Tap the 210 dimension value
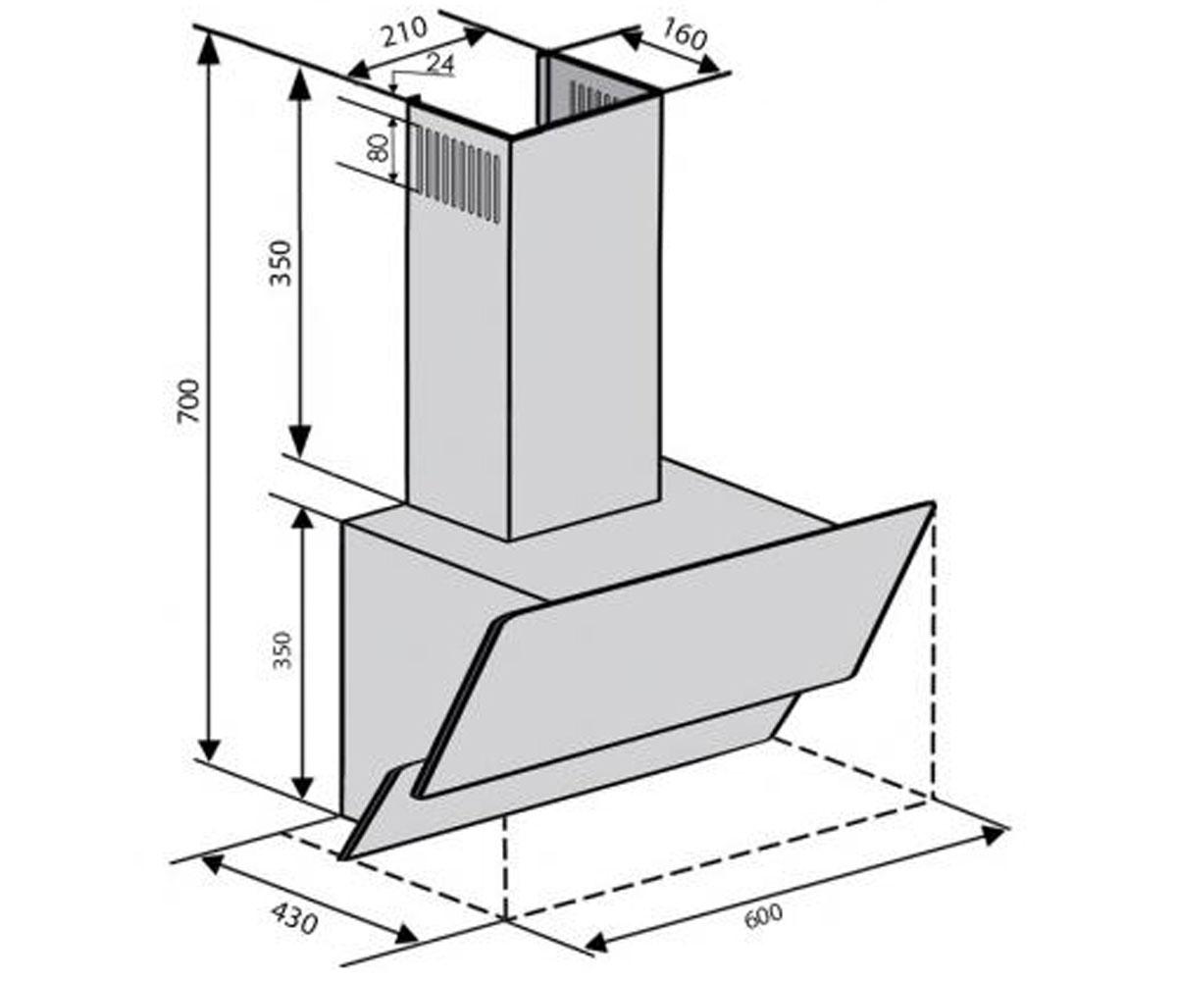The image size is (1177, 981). tap(405, 32)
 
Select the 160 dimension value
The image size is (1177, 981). tap(684, 34)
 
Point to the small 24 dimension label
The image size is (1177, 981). tap(439, 64)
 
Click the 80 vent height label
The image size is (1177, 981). tap(379, 148)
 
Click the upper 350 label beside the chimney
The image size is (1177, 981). tap(281, 263)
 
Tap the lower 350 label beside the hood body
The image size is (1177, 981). tap(282, 650)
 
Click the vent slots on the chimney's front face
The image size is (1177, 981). tap(458, 172)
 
